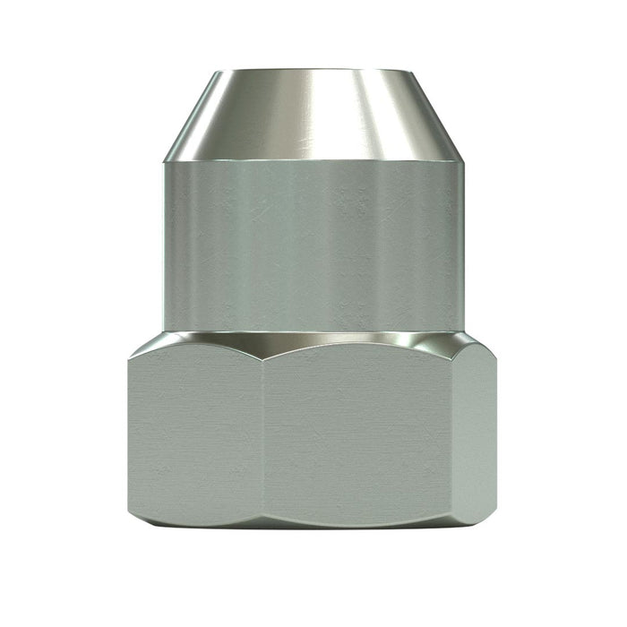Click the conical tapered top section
(x=313, y=115)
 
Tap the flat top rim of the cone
(x=313, y=71)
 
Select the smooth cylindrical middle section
(x=313, y=246)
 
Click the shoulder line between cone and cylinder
(x=313, y=161)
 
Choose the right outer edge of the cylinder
(x=465, y=246)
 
